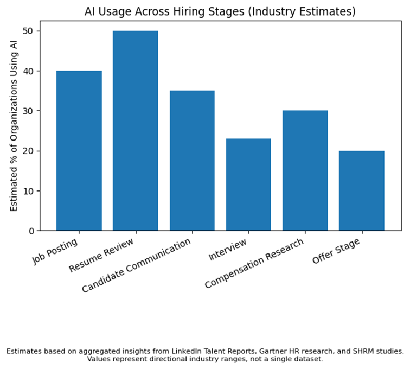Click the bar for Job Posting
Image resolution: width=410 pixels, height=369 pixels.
point(79,151)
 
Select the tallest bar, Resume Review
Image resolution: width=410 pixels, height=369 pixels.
point(135,131)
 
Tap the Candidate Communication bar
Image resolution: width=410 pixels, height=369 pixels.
point(191,161)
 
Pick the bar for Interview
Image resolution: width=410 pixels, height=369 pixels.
point(248,184)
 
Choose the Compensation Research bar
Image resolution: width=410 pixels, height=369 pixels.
point(304,170)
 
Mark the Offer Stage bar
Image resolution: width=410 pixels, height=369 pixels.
point(361,190)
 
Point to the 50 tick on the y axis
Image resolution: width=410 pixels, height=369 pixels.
point(29,31)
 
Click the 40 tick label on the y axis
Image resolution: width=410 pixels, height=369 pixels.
point(29,71)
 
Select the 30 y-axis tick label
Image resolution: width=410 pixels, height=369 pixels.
point(29,111)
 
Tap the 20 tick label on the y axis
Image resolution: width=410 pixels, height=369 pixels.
point(29,151)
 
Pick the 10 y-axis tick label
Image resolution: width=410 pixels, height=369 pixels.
point(29,191)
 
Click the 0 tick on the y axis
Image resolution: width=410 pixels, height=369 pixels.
point(31,231)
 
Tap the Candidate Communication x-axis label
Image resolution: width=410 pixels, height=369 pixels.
point(137,266)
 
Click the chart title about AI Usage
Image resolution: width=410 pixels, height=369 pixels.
point(220,11)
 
